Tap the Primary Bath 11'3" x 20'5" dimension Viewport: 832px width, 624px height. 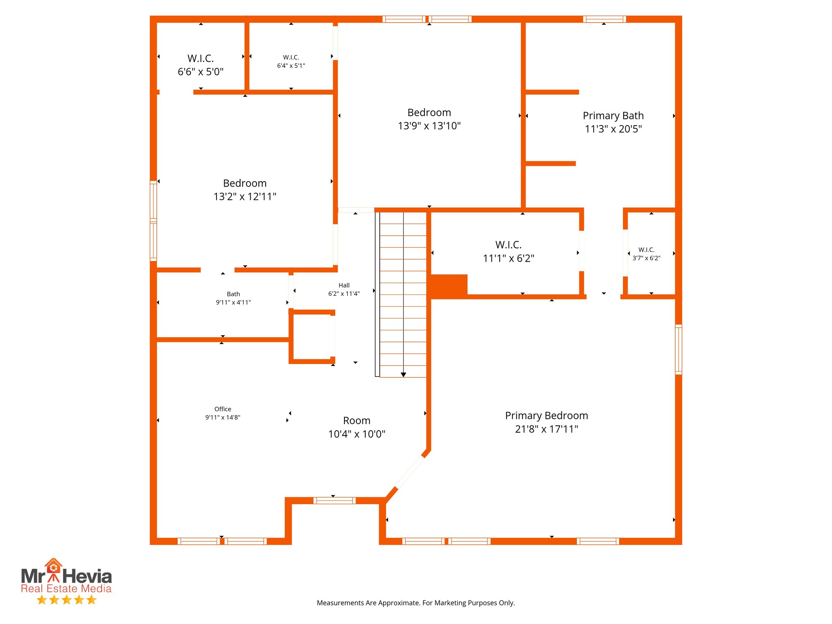pyautogui.click(x=613, y=129)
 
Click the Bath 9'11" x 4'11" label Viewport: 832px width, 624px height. pyautogui.click(x=233, y=298)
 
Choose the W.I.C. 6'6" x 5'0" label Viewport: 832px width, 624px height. pyautogui.click(x=201, y=65)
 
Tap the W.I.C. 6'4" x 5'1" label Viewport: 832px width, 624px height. pyautogui.click(x=291, y=61)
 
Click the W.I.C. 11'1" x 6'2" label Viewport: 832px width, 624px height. pyautogui.click(x=508, y=251)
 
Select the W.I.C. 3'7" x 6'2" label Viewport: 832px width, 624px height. pyautogui.click(x=646, y=254)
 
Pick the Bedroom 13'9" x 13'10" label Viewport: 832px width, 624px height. pyautogui.click(x=429, y=119)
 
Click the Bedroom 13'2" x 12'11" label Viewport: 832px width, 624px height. pyautogui.click(x=245, y=190)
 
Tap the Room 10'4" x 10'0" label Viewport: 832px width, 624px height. pyautogui.click(x=357, y=427)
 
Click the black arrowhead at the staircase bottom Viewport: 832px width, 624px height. pyautogui.click(x=403, y=375)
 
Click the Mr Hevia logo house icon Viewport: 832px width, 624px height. pyautogui.click(x=53, y=565)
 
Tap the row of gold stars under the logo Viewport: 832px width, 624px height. pyautogui.click(x=66, y=600)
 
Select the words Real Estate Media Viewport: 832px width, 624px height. pyautogui.click(x=66, y=589)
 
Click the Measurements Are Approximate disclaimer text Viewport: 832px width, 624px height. pyautogui.click(x=416, y=603)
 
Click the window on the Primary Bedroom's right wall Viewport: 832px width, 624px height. pyautogui.click(x=678, y=349)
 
